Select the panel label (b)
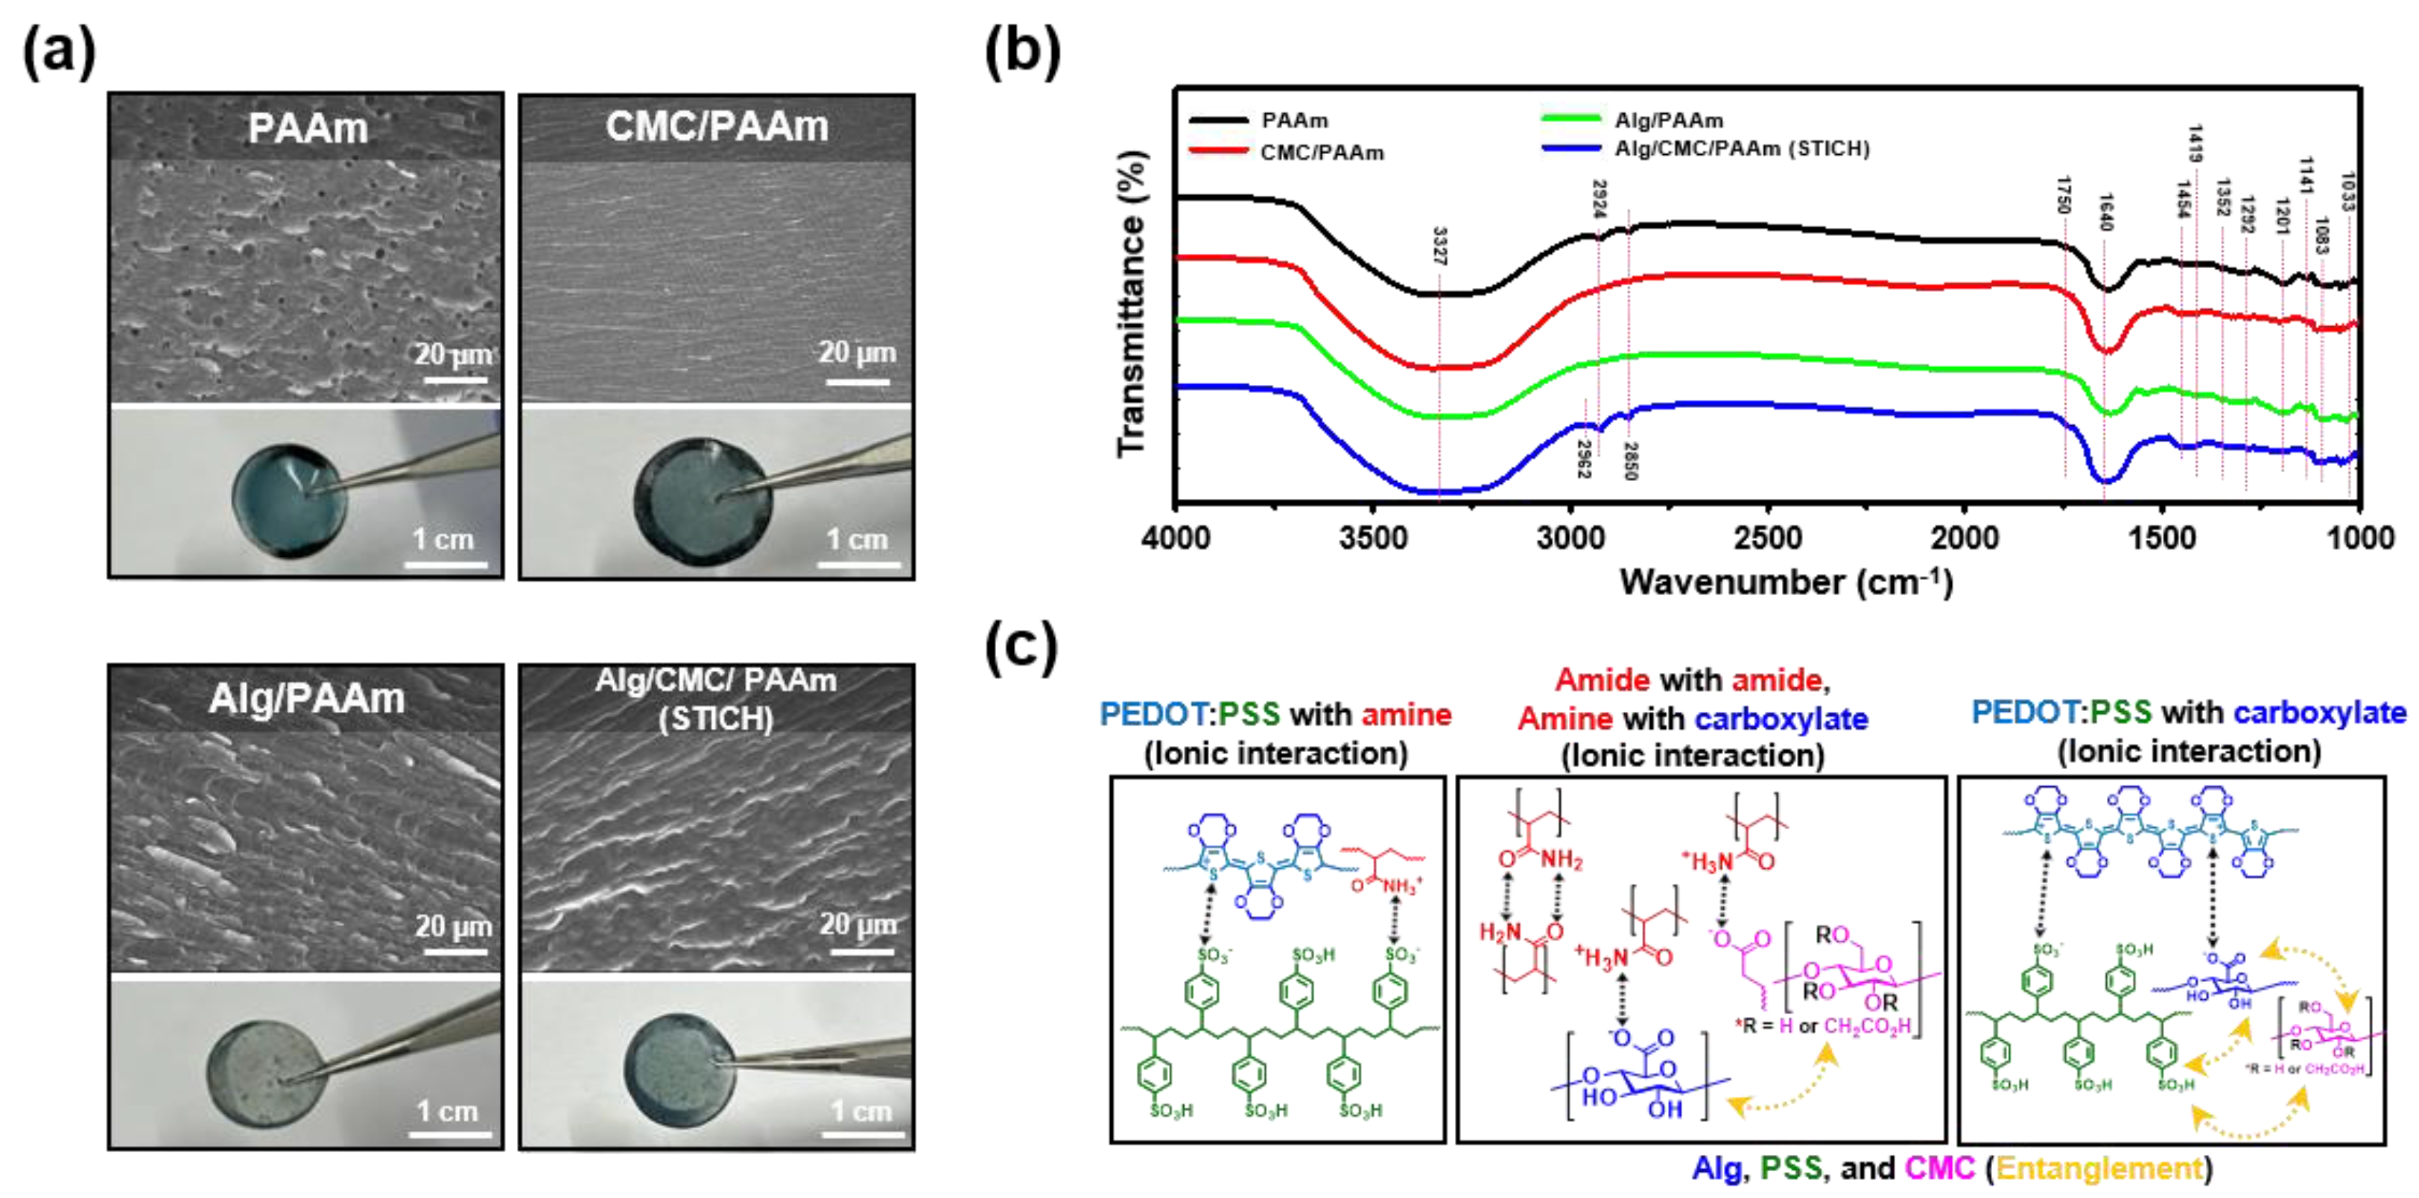1021,51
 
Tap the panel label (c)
1021,648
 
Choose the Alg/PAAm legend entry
1668,120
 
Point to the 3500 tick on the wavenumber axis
1373,538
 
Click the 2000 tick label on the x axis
1965,538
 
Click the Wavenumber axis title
1785,582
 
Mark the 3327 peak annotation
1439,246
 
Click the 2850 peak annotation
1630,461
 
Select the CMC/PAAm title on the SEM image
717,127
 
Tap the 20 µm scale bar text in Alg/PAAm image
454,925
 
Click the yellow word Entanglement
2099,1168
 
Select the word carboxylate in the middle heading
1781,719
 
